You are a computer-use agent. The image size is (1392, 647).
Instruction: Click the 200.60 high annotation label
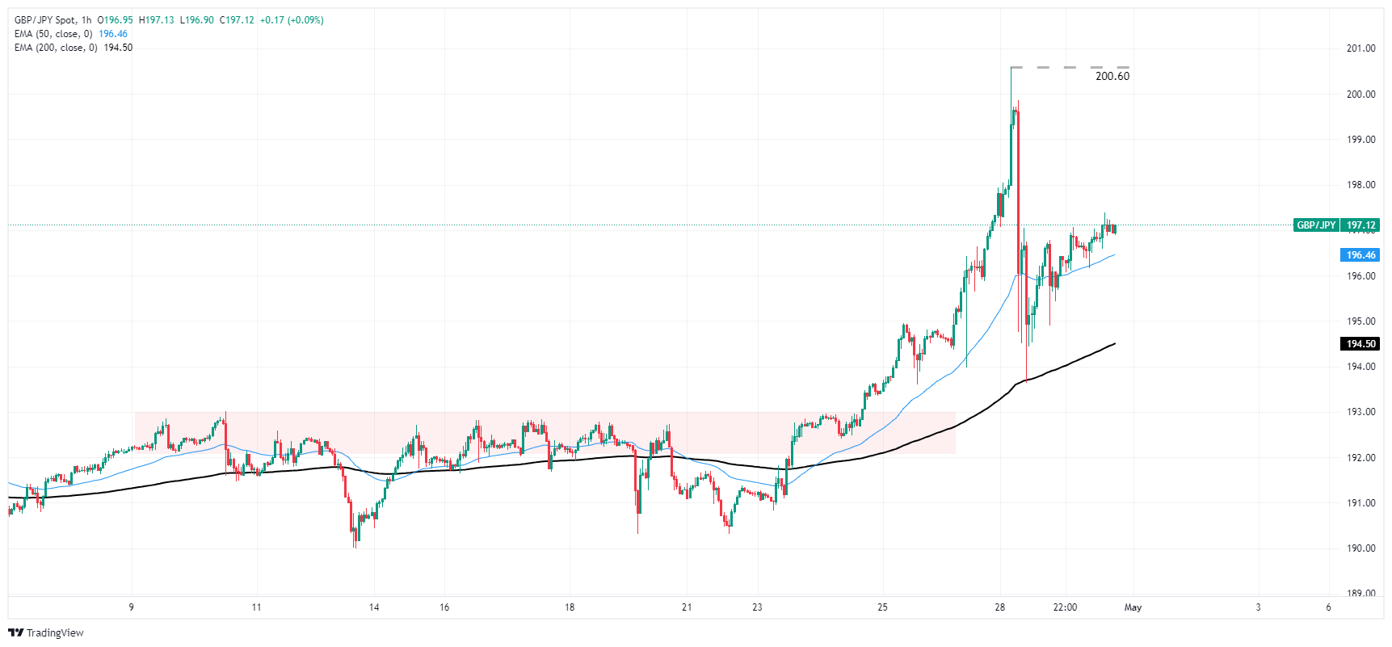click(1112, 76)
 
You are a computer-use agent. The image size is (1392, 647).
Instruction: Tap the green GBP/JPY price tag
click(1316, 225)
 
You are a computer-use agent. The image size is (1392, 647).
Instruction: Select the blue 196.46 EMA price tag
click(1360, 255)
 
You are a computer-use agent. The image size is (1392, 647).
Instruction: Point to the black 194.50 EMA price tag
click(1360, 344)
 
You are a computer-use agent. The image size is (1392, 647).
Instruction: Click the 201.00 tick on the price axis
click(1360, 48)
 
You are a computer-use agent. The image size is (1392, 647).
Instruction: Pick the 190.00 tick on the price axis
click(1360, 548)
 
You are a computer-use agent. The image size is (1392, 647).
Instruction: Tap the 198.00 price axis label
click(1360, 185)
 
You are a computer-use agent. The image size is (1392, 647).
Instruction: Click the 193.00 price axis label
click(1360, 412)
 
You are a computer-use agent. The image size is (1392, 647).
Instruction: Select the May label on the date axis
click(1133, 607)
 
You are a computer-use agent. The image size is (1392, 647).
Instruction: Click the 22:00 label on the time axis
click(1065, 607)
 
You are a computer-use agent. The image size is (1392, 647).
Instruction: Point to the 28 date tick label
click(1000, 607)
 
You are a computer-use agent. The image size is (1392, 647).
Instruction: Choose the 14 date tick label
click(374, 607)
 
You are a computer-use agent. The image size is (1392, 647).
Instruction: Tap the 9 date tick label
click(131, 607)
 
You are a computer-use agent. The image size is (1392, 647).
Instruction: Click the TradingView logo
click(46, 632)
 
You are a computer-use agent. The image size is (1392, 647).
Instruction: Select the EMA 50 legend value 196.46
click(113, 34)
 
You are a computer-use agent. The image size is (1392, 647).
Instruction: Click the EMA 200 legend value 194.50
click(118, 48)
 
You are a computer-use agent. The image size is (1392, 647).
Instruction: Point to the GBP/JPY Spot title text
click(44, 20)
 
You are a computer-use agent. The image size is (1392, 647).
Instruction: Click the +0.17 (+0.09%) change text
click(292, 20)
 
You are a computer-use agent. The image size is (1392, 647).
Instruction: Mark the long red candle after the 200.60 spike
click(1018, 218)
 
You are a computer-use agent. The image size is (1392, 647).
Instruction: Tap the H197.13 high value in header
click(156, 20)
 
